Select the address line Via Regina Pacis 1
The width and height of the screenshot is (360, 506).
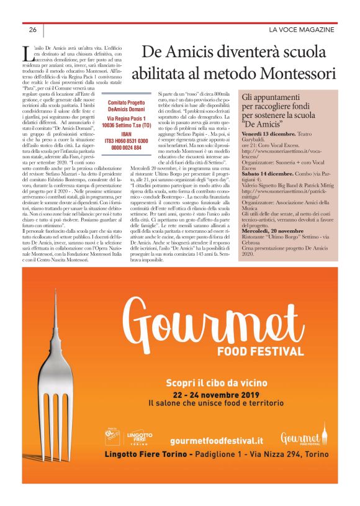tap(126, 118)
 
